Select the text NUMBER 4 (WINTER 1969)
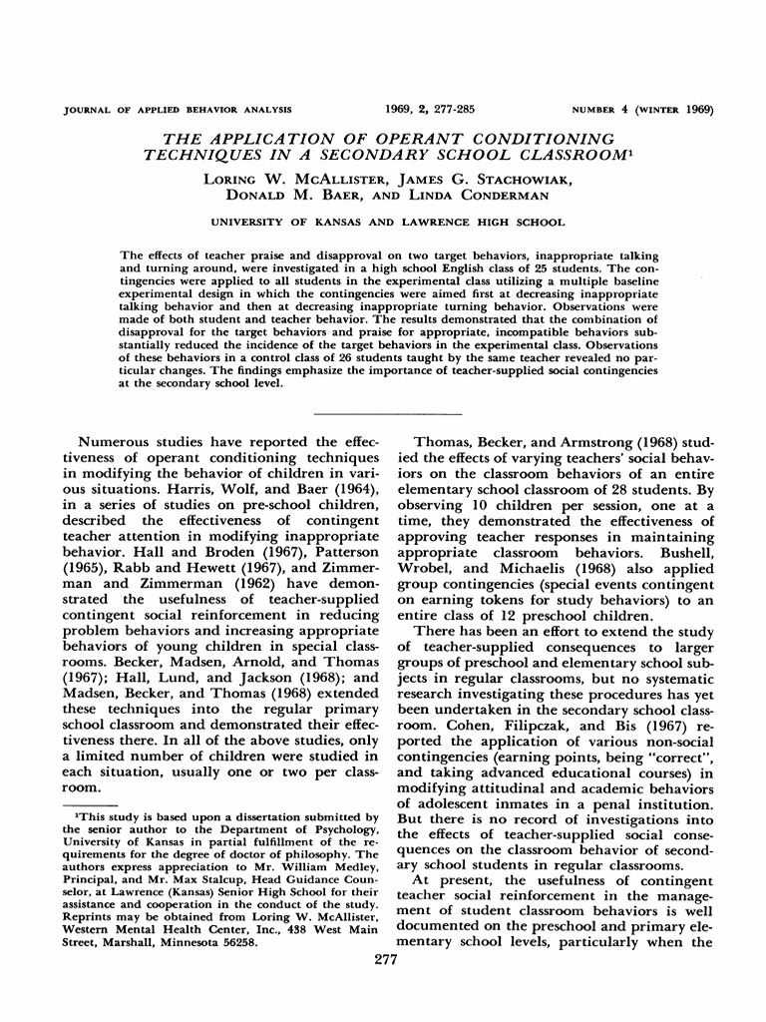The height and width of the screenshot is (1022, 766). click(x=642, y=109)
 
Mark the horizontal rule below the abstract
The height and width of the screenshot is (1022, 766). click(x=387, y=412)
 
